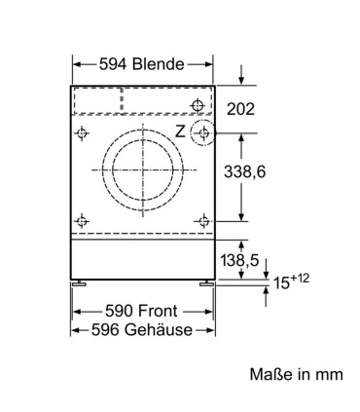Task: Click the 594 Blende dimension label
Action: pyautogui.click(x=142, y=64)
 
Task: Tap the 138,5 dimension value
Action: pyautogui.click(x=239, y=260)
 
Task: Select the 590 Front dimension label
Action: pyautogui.click(x=142, y=310)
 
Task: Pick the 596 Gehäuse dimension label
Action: pyautogui.click(x=142, y=329)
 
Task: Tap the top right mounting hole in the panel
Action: pyautogui.click(x=198, y=103)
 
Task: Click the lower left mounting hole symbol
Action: pyautogui.click(x=84, y=219)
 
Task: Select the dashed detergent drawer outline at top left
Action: pyautogui.click(x=97, y=99)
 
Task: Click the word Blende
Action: pyautogui.click(x=160, y=64)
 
